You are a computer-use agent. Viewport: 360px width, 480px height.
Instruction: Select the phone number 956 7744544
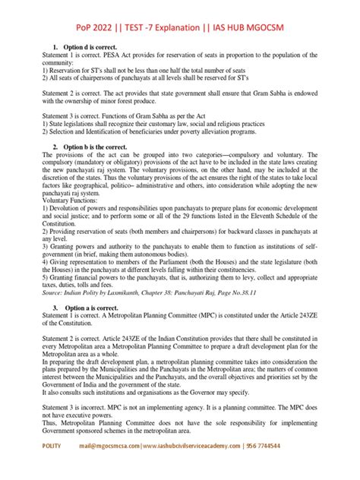[311, 469]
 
